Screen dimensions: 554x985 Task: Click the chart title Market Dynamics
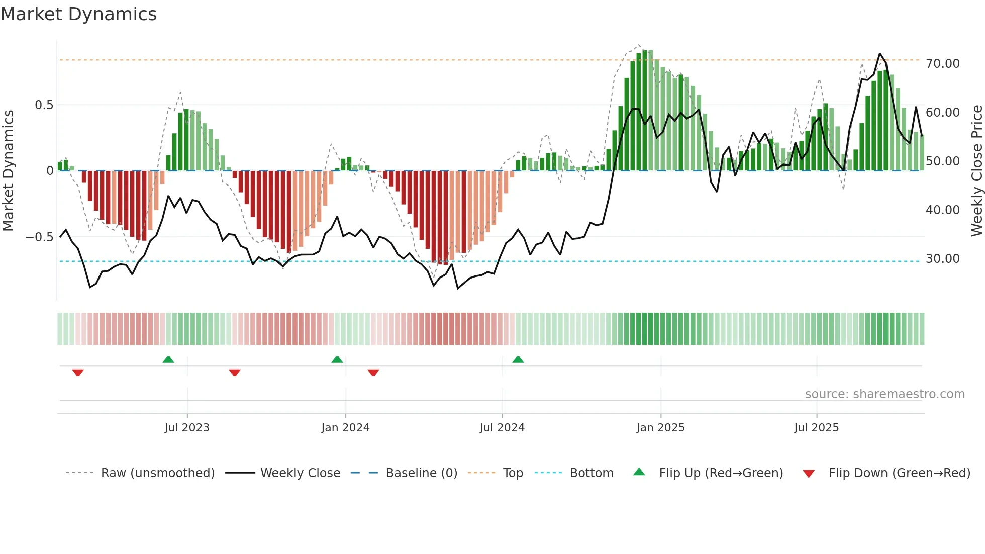tap(79, 14)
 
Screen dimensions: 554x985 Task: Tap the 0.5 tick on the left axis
tap(44, 105)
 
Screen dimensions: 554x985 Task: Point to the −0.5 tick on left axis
tap(40, 237)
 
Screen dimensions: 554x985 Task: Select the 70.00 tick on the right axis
tap(942, 64)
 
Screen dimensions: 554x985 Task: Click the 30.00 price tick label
tap(942, 259)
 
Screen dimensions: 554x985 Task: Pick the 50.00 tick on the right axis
tap(942, 161)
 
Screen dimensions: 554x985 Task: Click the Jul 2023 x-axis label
tap(187, 428)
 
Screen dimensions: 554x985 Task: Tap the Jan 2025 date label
tap(660, 428)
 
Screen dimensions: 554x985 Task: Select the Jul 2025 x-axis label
tap(816, 428)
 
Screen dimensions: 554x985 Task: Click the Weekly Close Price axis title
tap(976, 171)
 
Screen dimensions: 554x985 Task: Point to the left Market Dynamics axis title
tap(8, 171)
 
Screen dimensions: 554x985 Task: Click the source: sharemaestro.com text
tap(884, 394)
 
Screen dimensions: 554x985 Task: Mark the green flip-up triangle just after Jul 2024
tap(518, 360)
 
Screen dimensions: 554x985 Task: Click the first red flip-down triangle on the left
tap(78, 373)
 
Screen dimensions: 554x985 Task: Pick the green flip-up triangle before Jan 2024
tap(337, 360)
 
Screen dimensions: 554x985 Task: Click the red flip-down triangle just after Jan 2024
tap(373, 373)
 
